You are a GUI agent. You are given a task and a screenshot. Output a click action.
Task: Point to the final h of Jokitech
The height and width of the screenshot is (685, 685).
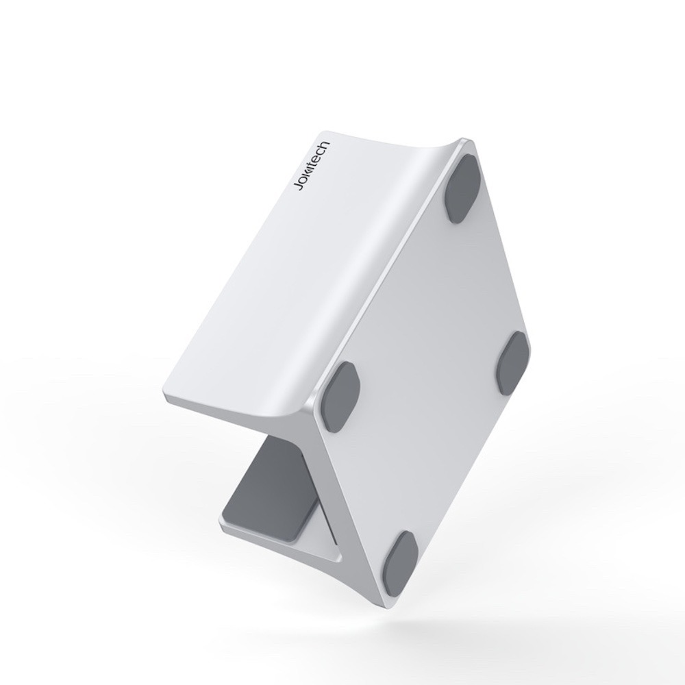click(x=327, y=145)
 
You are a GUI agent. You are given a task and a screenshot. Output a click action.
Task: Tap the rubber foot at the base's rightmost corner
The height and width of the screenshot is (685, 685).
click(x=513, y=364)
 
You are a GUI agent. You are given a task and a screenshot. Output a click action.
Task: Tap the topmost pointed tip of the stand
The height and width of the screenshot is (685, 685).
click(x=469, y=142)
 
